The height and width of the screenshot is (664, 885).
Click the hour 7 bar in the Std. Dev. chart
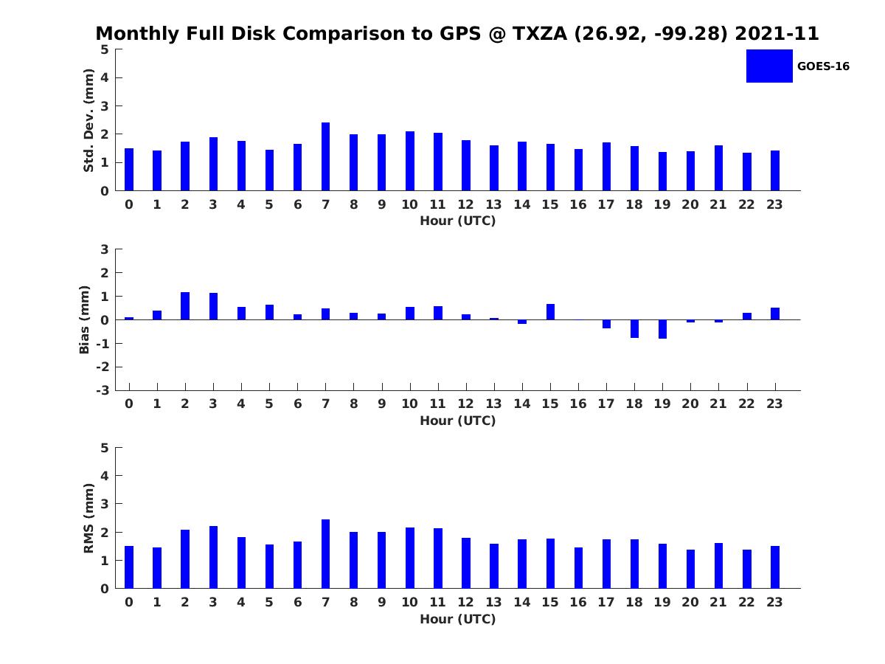pos(325,156)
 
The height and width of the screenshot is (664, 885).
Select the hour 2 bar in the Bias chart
pos(185,306)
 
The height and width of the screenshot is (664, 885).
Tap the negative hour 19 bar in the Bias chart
pos(662,329)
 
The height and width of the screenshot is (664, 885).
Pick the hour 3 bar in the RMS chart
pos(213,557)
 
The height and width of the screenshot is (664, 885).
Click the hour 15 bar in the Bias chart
pos(550,312)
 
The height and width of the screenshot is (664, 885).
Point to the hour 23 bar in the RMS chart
pos(775,567)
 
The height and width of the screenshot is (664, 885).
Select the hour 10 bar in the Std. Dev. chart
pos(410,161)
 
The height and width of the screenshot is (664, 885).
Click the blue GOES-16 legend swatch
pos(769,66)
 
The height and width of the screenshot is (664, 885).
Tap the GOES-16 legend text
pos(823,66)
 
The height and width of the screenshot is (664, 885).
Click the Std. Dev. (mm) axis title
pos(88,120)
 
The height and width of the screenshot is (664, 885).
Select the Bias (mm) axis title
pos(84,319)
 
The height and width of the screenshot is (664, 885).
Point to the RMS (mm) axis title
pos(88,518)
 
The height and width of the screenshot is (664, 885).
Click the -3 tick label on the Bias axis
pos(103,390)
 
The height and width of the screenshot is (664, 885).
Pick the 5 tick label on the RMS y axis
pos(105,448)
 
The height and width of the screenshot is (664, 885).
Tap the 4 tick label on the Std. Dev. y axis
pos(105,77)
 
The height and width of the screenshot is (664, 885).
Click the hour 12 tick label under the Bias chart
pos(465,404)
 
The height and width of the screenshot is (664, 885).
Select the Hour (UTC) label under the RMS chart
pos(458,619)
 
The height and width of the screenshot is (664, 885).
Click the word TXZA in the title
pos(540,33)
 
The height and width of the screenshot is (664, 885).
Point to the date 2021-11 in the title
pos(777,33)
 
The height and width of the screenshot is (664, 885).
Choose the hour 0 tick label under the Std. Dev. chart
pos(129,204)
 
